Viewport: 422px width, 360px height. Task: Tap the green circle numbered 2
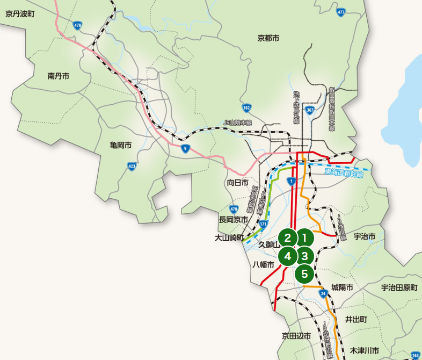pyautogui.click(x=288, y=237)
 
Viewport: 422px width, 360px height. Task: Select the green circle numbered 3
pyautogui.click(x=304, y=256)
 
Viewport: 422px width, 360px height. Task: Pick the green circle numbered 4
pyautogui.click(x=288, y=256)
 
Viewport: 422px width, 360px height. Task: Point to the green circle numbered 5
pyautogui.click(x=304, y=274)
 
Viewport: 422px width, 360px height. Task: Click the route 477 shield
pyautogui.click(x=341, y=12)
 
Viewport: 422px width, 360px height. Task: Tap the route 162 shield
pyautogui.click(x=246, y=107)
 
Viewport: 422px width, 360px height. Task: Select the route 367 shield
pyautogui.click(x=310, y=110)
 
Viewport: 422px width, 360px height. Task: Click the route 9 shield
pyautogui.click(x=185, y=148)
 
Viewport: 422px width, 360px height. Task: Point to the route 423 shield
pyautogui.click(x=132, y=167)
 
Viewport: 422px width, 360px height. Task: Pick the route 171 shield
pyautogui.click(x=263, y=223)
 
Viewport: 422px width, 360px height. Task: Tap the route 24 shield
pyautogui.click(x=323, y=293)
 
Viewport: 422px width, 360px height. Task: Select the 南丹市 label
pyautogui.click(x=58, y=76)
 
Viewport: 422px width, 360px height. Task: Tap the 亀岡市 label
pyautogui.click(x=120, y=145)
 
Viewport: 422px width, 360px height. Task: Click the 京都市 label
pyautogui.click(x=268, y=38)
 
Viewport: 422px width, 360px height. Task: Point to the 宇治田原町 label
pyautogui.click(x=399, y=288)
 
